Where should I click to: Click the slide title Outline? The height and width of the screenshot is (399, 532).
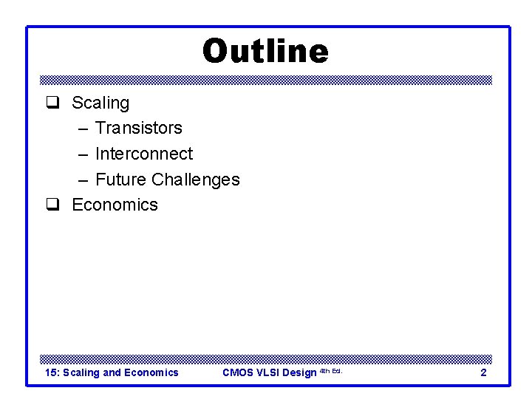[265, 52]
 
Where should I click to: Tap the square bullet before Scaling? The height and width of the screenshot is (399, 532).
[52, 103]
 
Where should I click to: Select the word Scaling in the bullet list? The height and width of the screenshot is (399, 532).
[100, 103]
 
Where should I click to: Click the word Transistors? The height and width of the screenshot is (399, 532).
[139, 129]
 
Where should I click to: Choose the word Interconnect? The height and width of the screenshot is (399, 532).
[144, 154]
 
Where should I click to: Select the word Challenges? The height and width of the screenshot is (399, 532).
[196, 180]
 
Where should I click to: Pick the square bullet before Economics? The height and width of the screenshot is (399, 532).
[52, 205]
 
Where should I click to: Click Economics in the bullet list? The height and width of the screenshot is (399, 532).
[115, 205]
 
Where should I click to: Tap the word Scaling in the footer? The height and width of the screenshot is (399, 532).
[81, 372]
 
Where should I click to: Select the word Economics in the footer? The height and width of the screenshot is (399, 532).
[151, 372]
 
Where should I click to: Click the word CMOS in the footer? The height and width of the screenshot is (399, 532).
[238, 372]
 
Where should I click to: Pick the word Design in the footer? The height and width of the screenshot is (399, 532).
[299, 372]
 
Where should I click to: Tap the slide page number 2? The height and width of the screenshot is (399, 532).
[483, 372]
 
